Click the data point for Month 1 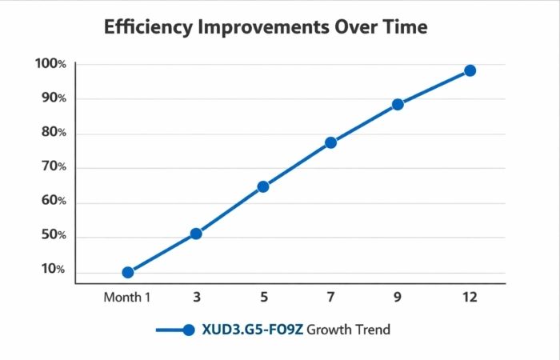(128, 272)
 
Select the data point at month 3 (196, 234)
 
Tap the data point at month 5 (263, 186)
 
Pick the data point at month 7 (330, 142)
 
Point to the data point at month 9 (398, 104)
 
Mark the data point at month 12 (470, 70)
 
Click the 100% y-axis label (50, 64)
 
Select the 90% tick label (52, 98)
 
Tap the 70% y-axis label (52, 167)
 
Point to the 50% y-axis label (52, 236)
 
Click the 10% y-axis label (52, 270)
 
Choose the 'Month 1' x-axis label (127, 297)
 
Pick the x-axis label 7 (330, 297)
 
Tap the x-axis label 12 (470, 297)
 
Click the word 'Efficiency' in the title (152, 27)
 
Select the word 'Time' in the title (405, 27)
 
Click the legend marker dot (189, 330)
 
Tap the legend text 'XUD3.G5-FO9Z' (252, 330)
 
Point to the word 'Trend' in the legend (371, 330)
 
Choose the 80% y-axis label (52, 133)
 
